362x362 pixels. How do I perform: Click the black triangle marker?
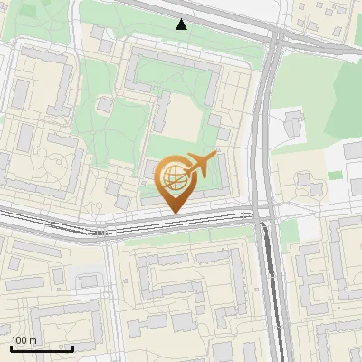182,24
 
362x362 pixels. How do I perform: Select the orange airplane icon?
200,165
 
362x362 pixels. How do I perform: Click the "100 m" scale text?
24,340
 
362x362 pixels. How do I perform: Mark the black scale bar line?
42,348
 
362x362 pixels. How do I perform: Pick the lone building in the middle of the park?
105,106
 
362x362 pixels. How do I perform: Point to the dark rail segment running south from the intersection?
270,281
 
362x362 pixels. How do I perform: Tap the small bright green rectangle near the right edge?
335,175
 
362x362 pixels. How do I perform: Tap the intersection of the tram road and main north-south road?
263,215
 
